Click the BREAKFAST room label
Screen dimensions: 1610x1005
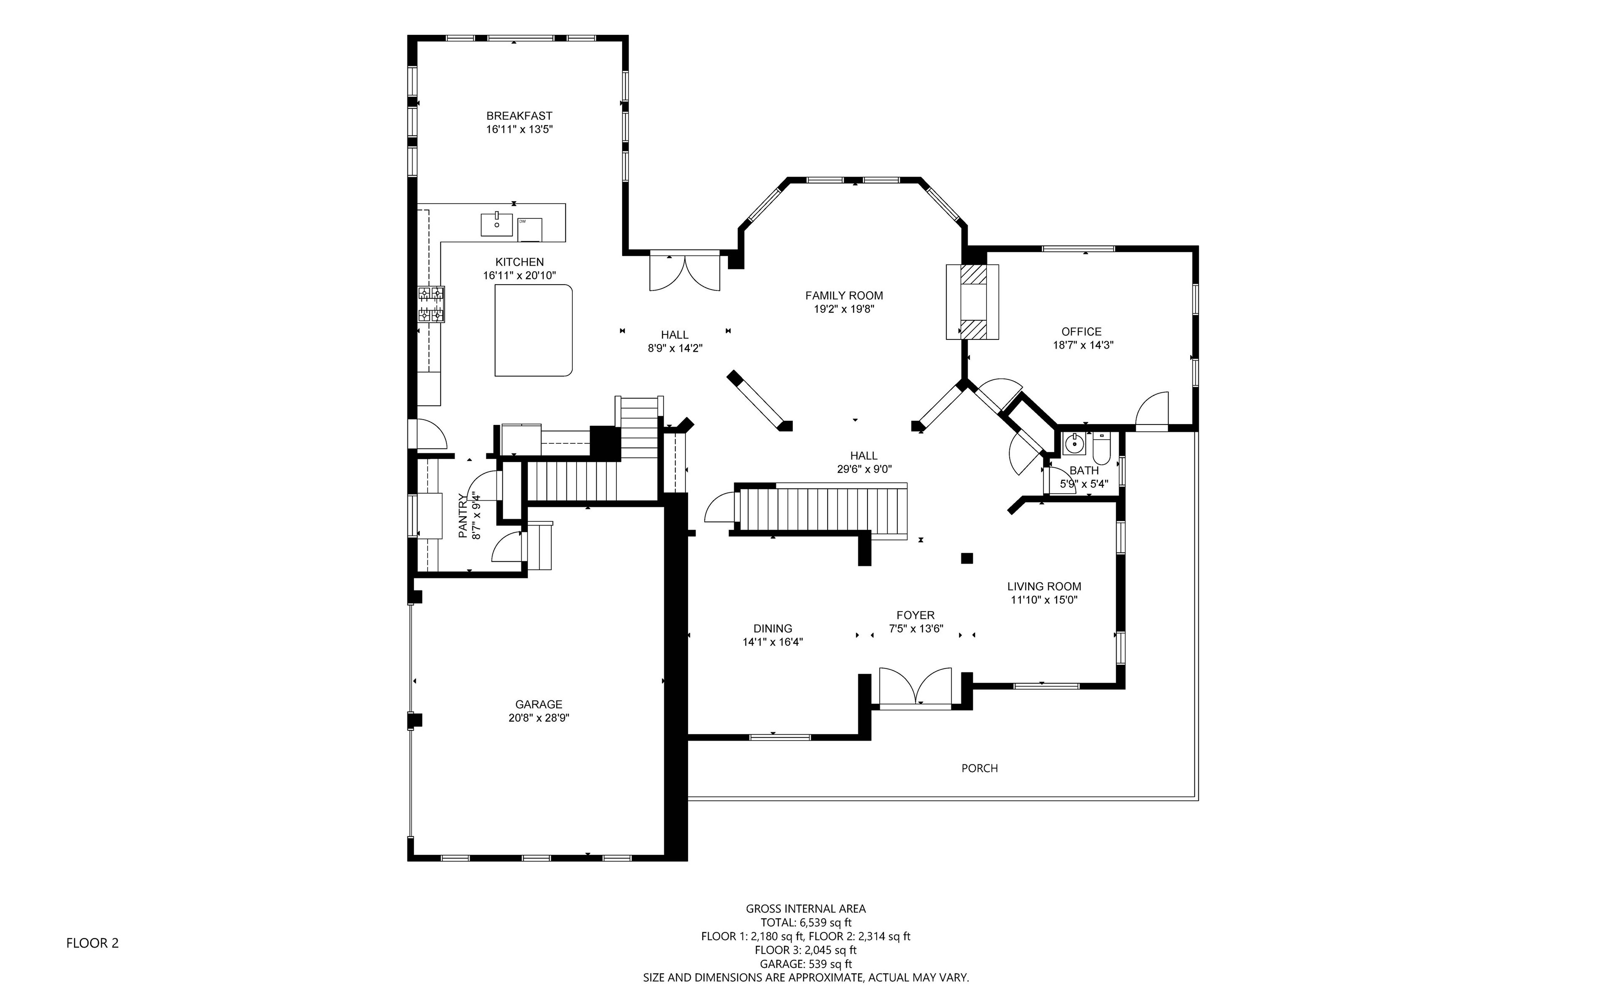click(519, 116)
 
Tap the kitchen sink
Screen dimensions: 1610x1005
click(496, 224)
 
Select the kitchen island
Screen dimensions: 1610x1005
click(533, 330)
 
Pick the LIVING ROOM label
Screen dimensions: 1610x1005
click(1044, 586)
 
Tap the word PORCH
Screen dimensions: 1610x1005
click(980, 768)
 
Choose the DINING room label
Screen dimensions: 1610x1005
click(773, 629)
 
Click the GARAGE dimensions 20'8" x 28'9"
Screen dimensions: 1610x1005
click(539, 718)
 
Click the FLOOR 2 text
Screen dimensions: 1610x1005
click(92, 943)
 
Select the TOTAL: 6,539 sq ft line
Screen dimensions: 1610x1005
click(806, 922)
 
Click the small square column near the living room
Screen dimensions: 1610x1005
click(967, 558)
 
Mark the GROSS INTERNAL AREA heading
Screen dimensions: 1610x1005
click(806, 909)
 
